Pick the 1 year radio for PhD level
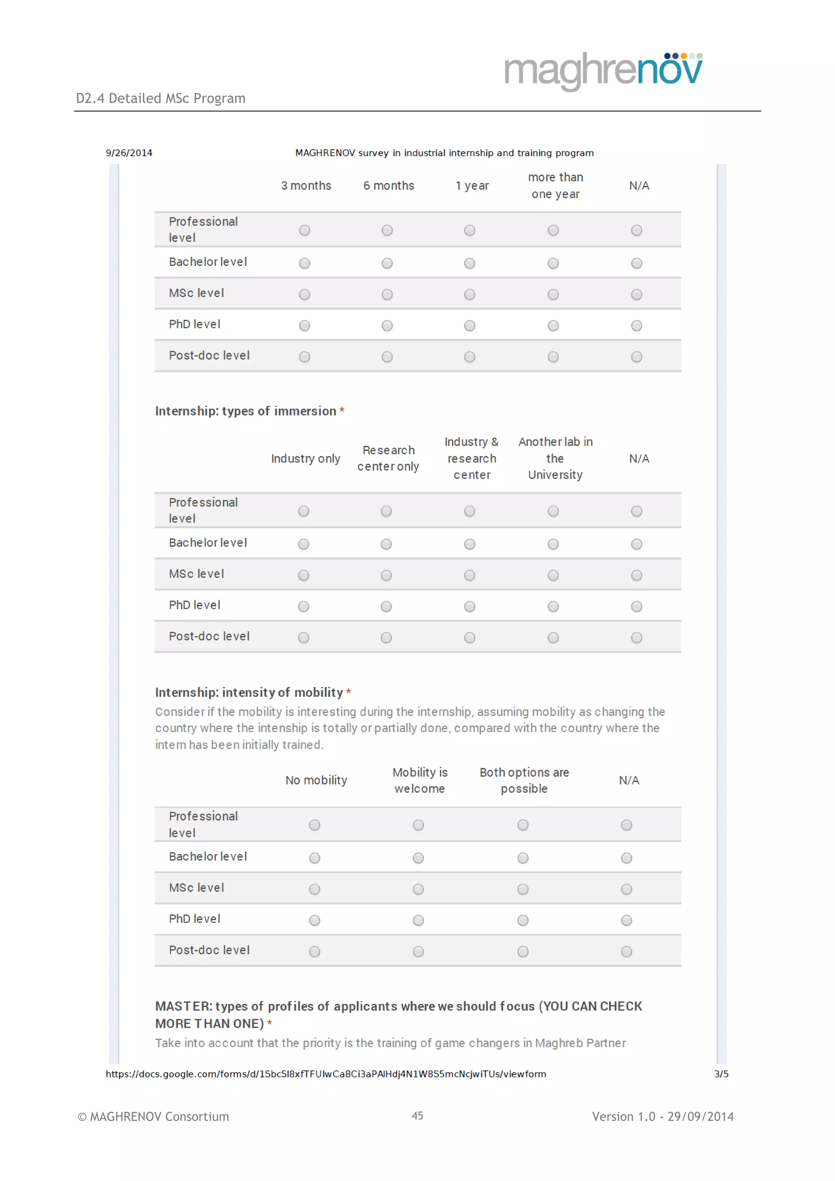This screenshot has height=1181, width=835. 469,325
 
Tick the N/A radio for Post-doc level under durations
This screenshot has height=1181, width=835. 636,357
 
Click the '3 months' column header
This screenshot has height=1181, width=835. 306,186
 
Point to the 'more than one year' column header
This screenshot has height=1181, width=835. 555,186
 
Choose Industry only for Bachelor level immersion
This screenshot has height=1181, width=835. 304,544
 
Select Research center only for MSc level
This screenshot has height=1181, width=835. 386,575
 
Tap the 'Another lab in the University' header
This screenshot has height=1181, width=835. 555,458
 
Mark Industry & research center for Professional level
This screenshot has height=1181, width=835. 469,511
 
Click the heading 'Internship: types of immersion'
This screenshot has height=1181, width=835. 246,411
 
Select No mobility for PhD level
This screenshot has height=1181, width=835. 315,920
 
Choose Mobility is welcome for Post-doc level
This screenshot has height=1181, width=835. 419,951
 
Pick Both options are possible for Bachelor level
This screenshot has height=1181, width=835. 523,858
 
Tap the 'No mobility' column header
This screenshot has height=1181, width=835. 316,780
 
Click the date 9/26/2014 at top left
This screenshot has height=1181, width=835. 129,153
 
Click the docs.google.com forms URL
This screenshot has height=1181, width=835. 326,1074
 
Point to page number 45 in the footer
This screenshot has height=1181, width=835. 417,1116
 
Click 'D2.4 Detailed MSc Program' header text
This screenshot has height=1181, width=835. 161,98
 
